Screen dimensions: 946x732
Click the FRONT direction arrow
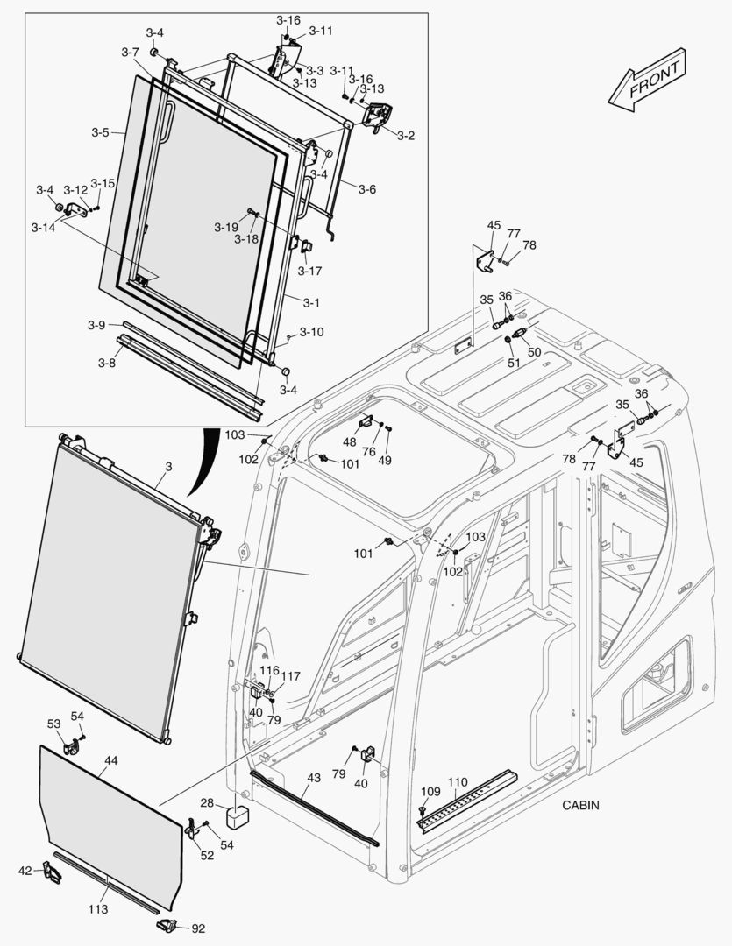point(648,81)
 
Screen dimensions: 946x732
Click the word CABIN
point(581,805)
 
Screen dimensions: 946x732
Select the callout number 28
point(207,803)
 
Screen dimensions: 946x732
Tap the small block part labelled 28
point(238,817)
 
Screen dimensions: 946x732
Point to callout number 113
point(98,909)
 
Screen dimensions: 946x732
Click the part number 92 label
point(198,928)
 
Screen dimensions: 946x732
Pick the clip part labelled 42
point(52,872)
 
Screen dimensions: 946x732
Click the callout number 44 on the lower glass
point(110,760)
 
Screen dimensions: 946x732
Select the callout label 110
point(458,781)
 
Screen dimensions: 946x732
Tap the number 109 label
point(430,792)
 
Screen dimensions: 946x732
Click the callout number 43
point(314,779)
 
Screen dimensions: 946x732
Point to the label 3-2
point(405,136)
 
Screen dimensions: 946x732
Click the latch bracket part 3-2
point(378,116)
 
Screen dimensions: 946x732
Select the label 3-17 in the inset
point(309,271)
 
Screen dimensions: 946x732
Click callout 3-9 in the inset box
point(96,325)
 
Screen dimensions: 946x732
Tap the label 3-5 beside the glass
point(100,133)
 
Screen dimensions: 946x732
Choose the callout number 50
point(534,351)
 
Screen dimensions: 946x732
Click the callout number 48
point(349,441)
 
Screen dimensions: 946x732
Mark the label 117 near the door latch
point(290,676)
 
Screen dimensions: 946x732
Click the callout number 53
point(54,724)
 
